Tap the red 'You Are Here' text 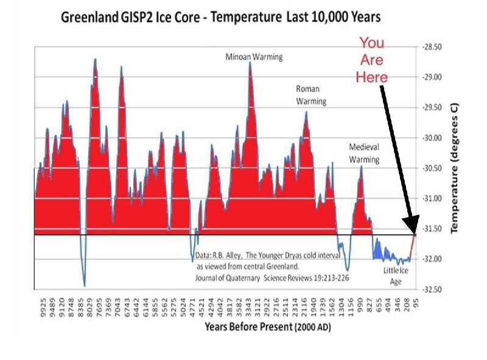(372, 60)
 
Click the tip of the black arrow (415, 232)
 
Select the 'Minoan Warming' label (254, 57)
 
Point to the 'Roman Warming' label (310, 95)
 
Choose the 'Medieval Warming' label (364, 154)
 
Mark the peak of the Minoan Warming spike (250, 63)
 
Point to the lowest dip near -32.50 (84, 286)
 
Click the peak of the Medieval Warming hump (361, 166)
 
